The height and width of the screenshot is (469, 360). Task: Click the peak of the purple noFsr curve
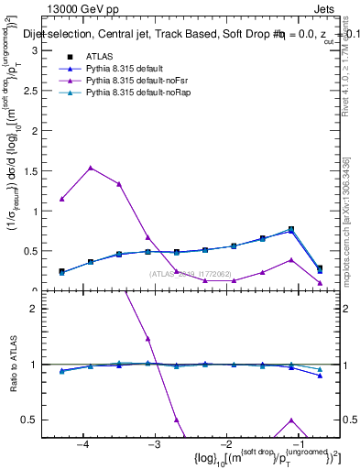tap(91, 168)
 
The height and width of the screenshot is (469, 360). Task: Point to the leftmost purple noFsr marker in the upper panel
tap(61, 199)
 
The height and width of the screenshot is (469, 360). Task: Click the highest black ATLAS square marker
tap(291, 229)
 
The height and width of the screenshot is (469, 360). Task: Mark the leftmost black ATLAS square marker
tap(61, 271)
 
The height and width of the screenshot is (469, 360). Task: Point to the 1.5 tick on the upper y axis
tap(33, 170)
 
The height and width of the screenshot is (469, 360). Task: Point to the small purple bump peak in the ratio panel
tap(291, 420)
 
